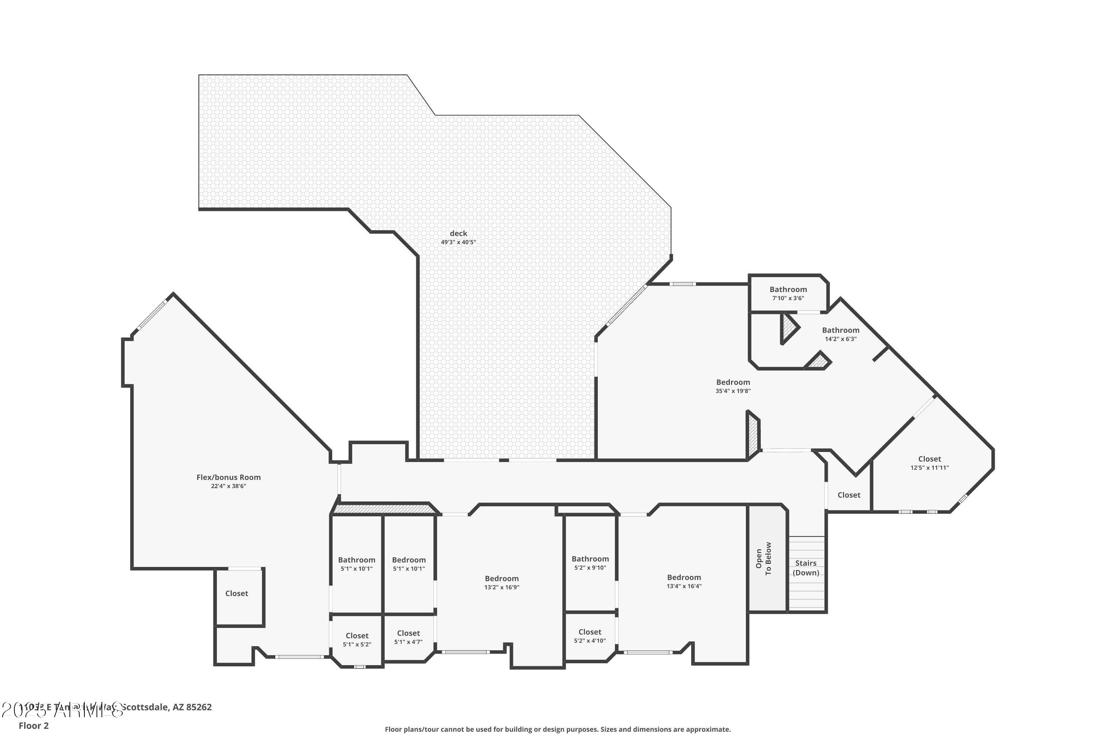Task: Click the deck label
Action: click(x=458, y=234)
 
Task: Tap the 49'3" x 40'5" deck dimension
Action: click(x=458, y=243)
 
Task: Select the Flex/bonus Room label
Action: click(x=229, y=477)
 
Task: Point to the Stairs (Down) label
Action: click(x=806, y=568)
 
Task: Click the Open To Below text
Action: click(x=763, y=559)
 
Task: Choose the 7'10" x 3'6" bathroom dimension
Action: click(x=788, y=298)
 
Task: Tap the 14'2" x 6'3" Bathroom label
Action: click(x=841, y=330)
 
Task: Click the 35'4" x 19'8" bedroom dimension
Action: click(x=733, y=391)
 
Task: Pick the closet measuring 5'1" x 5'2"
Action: click(x=357, y=636)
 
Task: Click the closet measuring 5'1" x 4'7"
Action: click(x=408, y=634)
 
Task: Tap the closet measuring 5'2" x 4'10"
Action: click(x=590, y=632)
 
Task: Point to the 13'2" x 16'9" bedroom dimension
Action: click(x=501, y=587)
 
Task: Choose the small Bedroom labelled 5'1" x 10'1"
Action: click(x=409, y=560)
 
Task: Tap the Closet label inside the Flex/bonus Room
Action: click(x=237, y=594)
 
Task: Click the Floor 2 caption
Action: click(x=34, y=725)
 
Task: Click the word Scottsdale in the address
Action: click(x=145, y=708)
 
